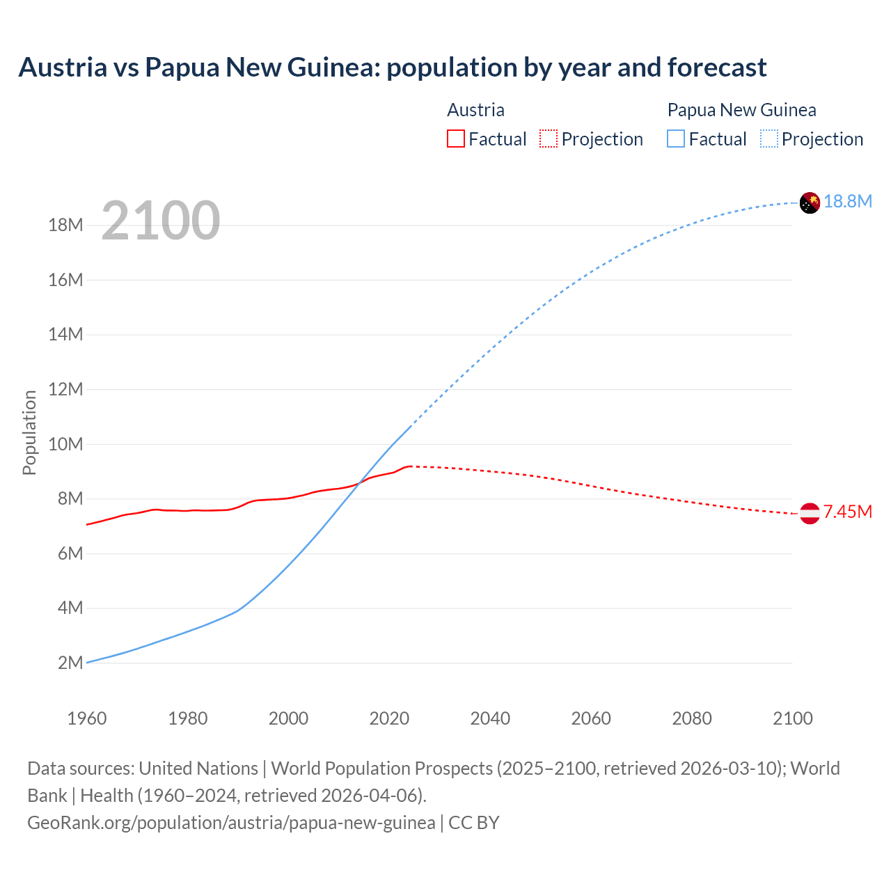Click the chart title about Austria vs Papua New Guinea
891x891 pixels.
click(x=392, y=68)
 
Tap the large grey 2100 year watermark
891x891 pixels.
click(x=161, y=221)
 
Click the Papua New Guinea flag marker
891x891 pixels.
click(x=810, y=203)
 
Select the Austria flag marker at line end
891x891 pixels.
click(x=810, y=514)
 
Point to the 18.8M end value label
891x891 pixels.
click(x=848, y=202)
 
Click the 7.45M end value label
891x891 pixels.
click(x=848, y=512)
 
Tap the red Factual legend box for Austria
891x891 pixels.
click(x=456, y=139)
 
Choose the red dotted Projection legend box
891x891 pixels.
click(x=549, y=139)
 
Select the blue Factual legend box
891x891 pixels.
click(x=676, y=139)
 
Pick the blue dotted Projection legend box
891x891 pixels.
click(x=769, y=139)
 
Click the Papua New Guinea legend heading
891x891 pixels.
click(x=741, y=110)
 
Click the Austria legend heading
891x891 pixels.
click(x=475, y=110)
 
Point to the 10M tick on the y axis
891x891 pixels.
click(x=66, y=444)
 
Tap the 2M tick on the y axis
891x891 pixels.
click(x=70, y=663)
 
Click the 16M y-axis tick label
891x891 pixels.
click(x=66, y=280)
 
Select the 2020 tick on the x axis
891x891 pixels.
click(x=389, y=718)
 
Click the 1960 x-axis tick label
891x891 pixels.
click(x=87, y=718)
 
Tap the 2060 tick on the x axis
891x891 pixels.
click(x=591, y=718)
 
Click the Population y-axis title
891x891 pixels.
click(x=29, y=432)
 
